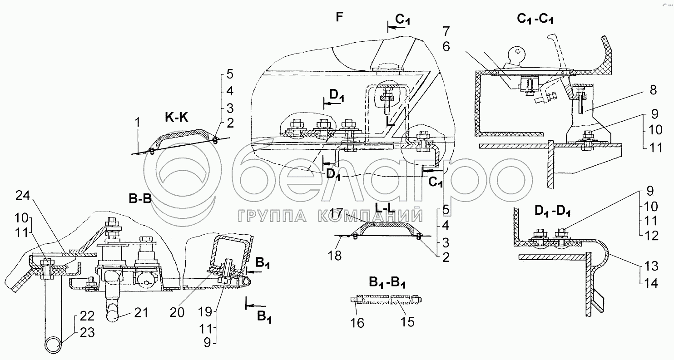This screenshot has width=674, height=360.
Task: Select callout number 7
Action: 446,31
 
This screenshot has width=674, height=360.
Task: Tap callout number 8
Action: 653,90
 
